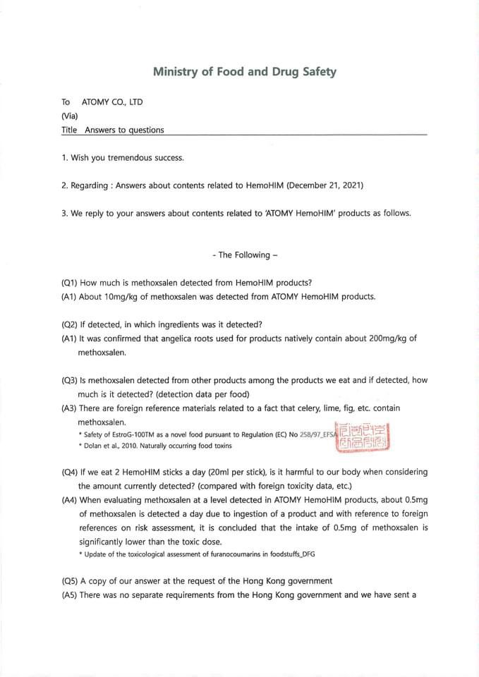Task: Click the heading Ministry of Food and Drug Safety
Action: click(x=245, y=72)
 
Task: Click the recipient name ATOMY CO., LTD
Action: click(x=112, y=102)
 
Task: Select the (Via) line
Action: click(x=70, y=116)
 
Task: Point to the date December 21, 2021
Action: click(x=325, y=185)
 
